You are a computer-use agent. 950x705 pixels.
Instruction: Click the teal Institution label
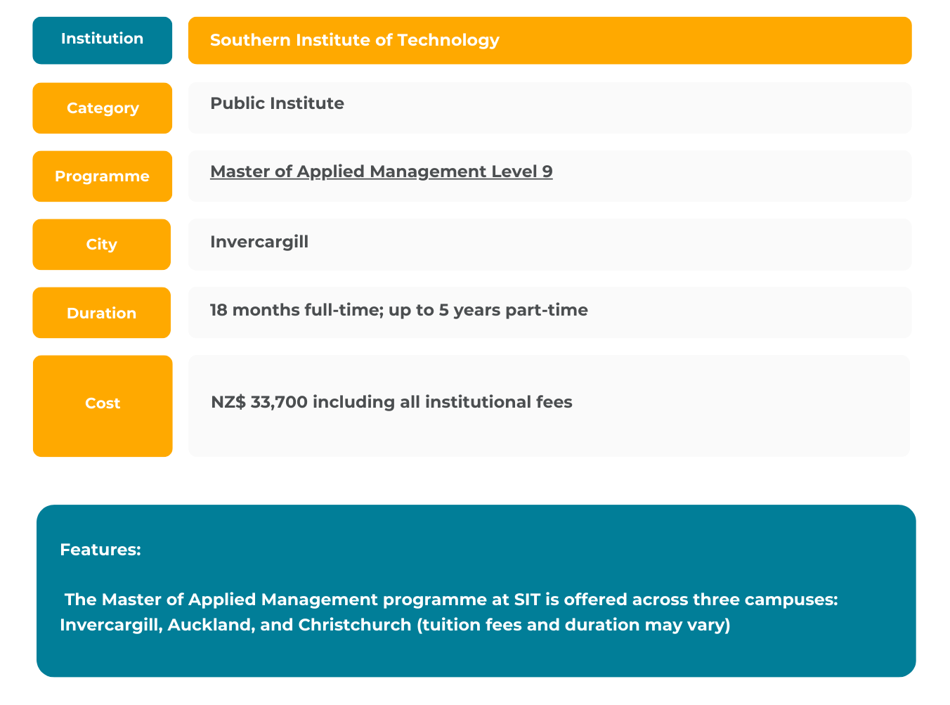(102, 40)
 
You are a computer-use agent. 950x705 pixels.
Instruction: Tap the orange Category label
(102, 108)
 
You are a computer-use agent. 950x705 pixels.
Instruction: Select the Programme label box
(102, 176)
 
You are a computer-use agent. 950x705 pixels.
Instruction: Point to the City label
(101, 245)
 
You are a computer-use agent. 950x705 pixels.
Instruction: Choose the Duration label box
(101, 312)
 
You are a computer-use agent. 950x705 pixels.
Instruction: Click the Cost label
(103, 406)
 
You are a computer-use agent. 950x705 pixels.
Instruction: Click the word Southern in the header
(250, 40)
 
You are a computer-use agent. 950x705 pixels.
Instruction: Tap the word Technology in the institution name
(448, 41)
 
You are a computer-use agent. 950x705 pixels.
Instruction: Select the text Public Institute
(277, 103)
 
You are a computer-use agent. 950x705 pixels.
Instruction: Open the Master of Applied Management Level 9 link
(382, 172)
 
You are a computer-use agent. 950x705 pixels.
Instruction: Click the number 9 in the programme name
(547, 172)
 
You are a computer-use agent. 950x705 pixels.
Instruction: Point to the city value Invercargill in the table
(259, 242)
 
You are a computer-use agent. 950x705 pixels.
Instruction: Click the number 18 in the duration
(219, 310)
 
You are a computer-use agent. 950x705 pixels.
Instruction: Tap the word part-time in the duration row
(547, 310)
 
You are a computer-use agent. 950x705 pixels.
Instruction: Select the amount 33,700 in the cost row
(279, 402)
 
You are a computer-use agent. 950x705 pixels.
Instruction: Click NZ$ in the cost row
(228, 402)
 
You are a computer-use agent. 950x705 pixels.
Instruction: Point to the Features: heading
(100, 550)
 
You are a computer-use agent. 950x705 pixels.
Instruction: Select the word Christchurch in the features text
(355, 625)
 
